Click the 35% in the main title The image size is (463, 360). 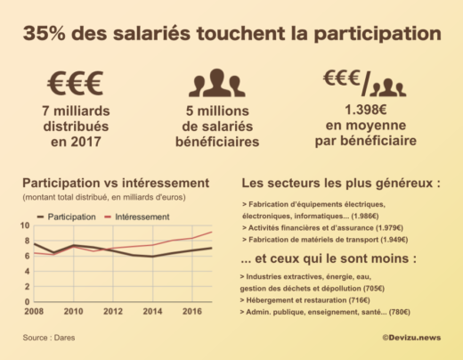[45, 33]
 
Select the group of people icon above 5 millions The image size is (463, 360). [216, 83]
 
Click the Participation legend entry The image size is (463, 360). [66, 216]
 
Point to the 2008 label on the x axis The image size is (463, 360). [34, 312]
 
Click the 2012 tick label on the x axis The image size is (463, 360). [112, 312]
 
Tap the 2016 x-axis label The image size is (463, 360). [192, 312]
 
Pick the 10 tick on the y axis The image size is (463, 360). [26, 226]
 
